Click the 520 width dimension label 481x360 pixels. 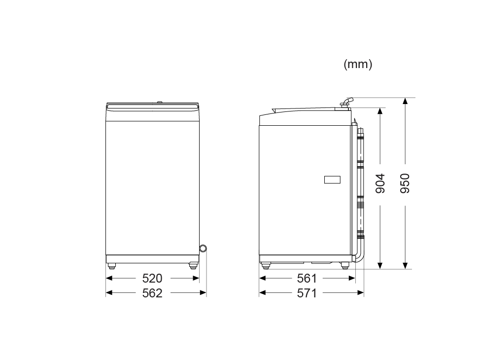(152, 278)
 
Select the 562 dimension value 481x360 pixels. (152, 293)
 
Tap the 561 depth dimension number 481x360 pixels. (307, 278)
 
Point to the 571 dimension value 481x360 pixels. (307, 293)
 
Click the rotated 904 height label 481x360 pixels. (380, 183)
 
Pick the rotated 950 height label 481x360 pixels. (405, 183)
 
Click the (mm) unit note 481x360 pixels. (358, 64)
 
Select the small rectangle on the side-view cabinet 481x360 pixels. (332, 180)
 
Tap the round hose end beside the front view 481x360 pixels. (203, 248)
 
